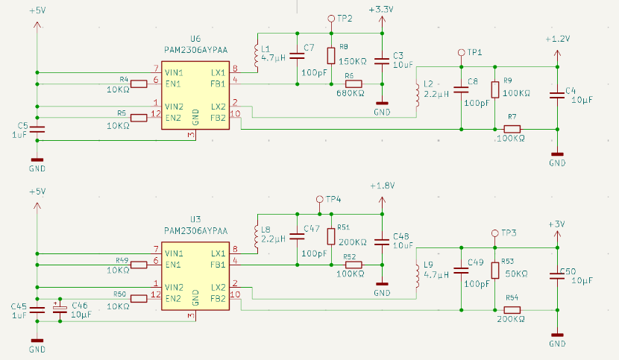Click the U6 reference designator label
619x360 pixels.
195,38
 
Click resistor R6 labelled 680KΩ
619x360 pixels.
354,84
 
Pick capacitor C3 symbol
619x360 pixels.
382,60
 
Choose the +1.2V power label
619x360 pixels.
557,38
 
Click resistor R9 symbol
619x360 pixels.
494,89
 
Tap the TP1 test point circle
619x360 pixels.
461,54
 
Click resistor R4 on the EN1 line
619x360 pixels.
139,84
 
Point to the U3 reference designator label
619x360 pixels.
195,219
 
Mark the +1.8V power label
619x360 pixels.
381,186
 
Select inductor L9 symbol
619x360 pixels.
417,274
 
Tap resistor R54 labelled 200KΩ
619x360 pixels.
512,309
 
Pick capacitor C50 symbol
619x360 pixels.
557,276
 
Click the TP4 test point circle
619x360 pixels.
320,199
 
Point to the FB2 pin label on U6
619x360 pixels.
218,118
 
